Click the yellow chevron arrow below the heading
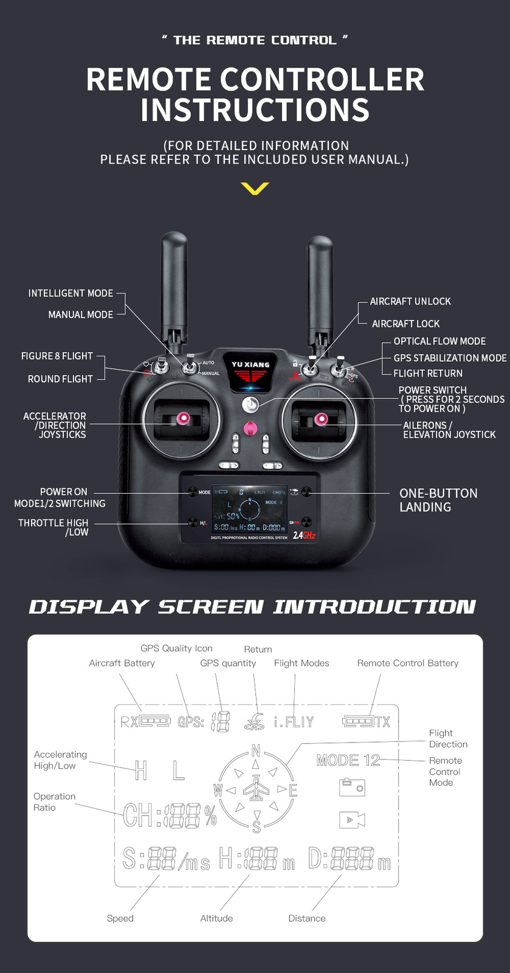(255, 189)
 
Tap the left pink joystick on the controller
(182, 418)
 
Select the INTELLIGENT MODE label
(71, 293)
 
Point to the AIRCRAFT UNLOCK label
(410, 302)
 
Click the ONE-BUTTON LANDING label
(438, 500)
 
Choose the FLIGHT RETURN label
(428, 373)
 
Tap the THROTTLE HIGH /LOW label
(53, 527)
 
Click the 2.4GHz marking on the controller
(304, 535)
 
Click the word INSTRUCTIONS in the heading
(255, 110)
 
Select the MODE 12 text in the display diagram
(348, 760)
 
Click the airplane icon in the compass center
(256, 789)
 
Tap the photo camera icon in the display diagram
(352, 788)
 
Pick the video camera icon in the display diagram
(352, 819)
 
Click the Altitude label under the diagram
(216, 918)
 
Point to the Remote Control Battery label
(407, 663)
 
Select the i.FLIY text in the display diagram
(294, 722)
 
